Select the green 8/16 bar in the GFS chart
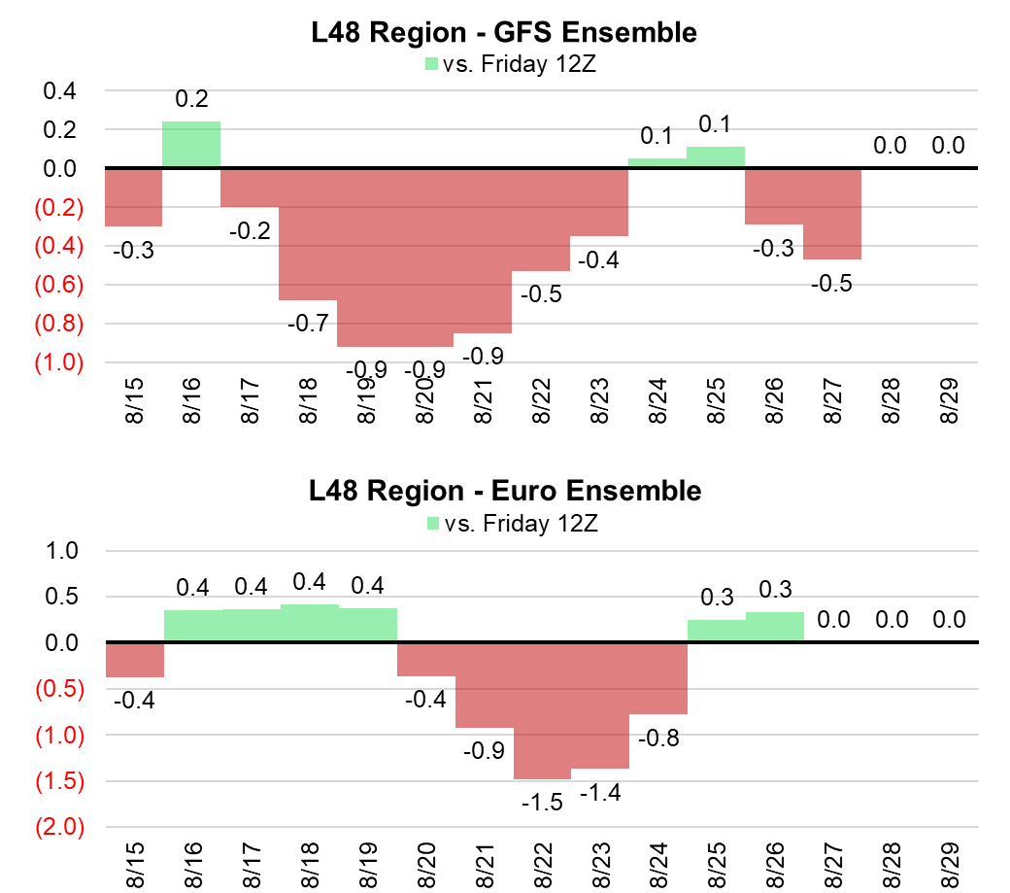191,145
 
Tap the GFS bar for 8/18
308,234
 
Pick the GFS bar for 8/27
832,214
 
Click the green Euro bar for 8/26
775,628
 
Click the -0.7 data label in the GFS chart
307,322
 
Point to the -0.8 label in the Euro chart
658,738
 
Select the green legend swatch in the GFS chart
432,64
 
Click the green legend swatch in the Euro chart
432,525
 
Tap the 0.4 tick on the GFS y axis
61,92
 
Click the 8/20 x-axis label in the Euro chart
424,862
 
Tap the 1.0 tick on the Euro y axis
61,551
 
